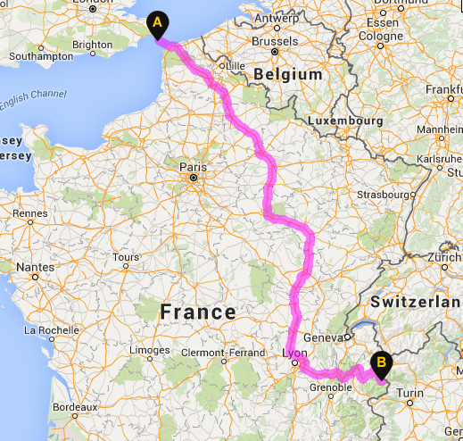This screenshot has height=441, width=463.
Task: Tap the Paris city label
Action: [x=192, y=166]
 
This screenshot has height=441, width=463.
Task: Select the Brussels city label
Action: [x=275, y=41]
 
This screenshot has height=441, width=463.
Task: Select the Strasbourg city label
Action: [x=385, y=194]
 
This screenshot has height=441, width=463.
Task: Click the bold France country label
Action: [x=197, y=312]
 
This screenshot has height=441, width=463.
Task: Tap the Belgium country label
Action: [x=288, y=75]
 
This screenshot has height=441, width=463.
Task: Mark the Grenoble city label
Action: [x=331, y=387]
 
